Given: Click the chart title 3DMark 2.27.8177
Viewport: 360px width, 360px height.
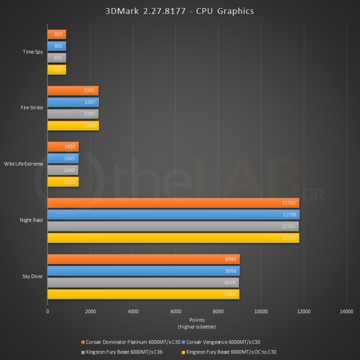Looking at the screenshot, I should coord(179,10).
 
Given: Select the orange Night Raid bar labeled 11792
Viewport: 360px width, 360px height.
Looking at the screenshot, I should coord(173,203).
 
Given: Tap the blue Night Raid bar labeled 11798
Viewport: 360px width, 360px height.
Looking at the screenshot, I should coord(173,215).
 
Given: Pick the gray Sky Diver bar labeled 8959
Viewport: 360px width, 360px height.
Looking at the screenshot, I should coord(143,282).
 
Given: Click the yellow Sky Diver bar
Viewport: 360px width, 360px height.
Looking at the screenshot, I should coord(143,294).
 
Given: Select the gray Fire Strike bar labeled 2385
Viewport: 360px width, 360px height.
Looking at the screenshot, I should coord(72,114).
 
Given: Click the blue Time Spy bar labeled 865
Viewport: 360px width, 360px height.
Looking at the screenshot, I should coord(56,46).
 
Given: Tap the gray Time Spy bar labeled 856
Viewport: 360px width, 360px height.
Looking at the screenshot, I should coord(56,57).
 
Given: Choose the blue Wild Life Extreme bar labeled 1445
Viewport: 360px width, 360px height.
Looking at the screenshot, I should coord(62,158).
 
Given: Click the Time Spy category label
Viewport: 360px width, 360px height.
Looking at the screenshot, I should coord(33,51).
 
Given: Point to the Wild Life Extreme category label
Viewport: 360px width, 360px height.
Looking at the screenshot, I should coord(23,164).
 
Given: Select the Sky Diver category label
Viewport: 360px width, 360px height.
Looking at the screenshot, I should coord(32,276).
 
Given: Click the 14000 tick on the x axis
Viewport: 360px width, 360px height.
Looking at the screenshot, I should coord(346,311).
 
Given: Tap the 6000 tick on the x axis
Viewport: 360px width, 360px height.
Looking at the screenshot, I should coord(175,311).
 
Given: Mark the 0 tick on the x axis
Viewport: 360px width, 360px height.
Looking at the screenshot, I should coord(47,311).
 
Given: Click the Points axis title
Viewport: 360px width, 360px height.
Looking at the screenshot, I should coord(196,320).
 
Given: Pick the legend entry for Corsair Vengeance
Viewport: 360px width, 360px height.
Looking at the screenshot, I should coord(223,342).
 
